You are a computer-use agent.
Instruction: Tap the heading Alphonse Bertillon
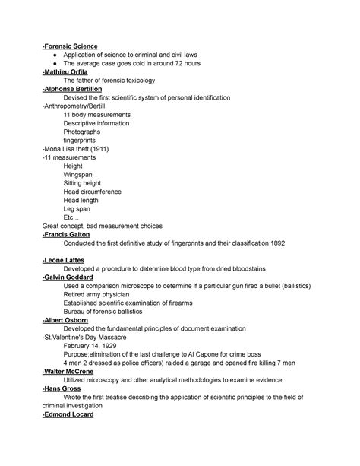click(77, 88)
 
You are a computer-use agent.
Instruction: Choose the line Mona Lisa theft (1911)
click(76, 148)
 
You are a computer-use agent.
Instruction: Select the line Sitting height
click(86, 183)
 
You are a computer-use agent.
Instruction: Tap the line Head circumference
click(93, 192)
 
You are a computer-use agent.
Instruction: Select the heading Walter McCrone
click(73, 371)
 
